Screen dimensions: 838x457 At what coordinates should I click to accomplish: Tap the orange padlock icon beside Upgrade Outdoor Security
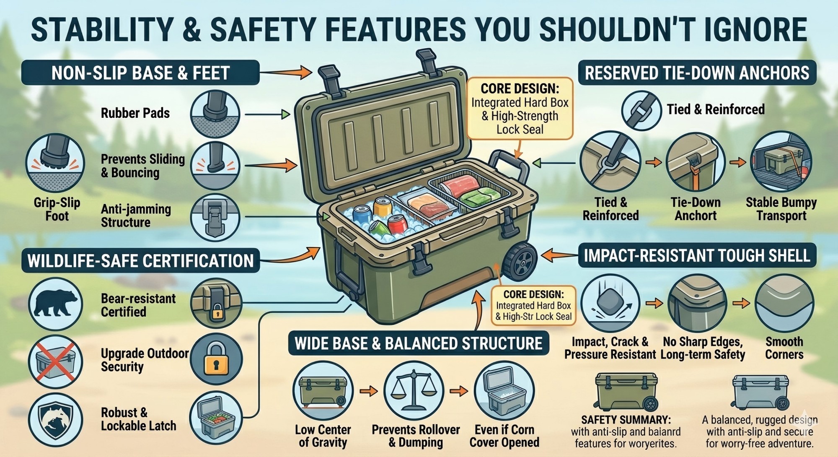click(216, 359)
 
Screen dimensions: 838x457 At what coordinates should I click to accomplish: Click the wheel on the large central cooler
click(521, 261)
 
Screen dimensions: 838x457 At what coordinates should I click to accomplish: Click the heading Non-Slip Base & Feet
click(140, 73)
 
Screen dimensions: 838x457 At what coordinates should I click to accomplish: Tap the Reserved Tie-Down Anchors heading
click(697, 73)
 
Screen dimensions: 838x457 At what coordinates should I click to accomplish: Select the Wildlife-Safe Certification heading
click(140, 260)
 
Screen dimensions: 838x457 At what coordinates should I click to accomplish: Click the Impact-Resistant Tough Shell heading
click(697, 255)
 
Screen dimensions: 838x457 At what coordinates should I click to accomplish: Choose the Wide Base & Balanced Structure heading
click(419, 343)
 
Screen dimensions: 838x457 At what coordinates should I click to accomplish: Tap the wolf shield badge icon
click(56, 419)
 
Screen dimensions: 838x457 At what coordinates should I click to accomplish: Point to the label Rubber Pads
click(135, 113)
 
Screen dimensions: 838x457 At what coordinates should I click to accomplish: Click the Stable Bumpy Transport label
click(781, 209)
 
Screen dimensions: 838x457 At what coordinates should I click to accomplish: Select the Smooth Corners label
click(784, 348)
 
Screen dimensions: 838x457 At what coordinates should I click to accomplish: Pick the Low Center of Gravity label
click(323, 436)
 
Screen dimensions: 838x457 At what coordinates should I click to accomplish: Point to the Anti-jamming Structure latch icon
click(215, 218)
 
